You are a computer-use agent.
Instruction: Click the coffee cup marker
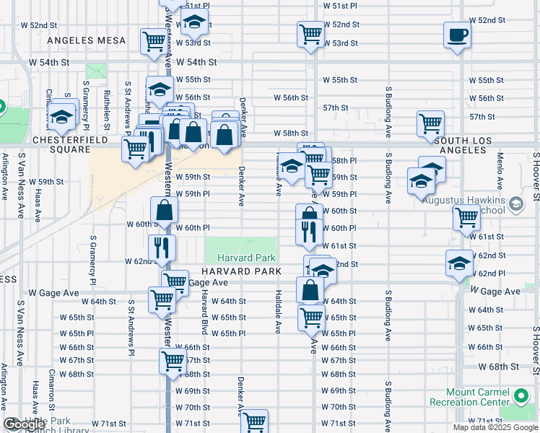(x=458, y=35)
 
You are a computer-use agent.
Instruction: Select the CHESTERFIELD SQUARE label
(x=69, y=139)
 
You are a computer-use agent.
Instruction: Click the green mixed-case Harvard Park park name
(x=241, y=258)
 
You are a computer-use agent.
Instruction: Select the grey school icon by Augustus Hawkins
(x=515, y=205)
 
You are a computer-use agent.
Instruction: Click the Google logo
(x=23, y=425)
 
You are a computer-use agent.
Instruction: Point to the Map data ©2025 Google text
(x=495, y=427)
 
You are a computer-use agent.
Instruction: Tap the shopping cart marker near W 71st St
(x=255, y=421)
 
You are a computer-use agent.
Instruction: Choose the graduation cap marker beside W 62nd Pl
(x=459, y=263)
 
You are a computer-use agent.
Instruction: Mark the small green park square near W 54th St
(x=96, y=72)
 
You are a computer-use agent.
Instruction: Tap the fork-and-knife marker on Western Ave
(x=162, y=248)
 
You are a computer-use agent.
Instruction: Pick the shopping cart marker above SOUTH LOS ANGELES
(x=430, y=123)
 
